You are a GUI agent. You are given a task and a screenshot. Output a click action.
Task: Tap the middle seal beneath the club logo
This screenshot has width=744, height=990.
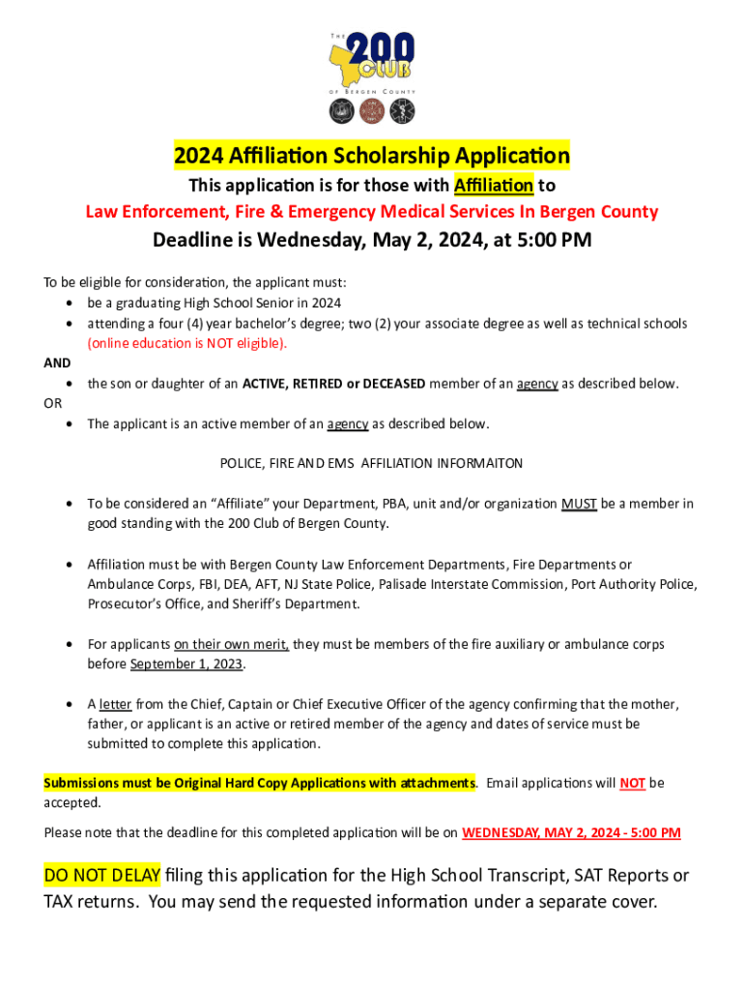[372, 111]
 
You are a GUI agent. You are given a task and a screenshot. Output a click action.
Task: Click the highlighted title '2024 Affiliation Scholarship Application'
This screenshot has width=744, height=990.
[372, 155]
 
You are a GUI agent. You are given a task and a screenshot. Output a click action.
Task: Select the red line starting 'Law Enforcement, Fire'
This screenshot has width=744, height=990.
[372, 212]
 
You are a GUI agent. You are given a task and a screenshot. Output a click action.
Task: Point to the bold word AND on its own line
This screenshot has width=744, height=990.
[57, 363]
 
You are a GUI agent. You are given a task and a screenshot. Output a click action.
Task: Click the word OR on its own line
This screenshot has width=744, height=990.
[52, 403]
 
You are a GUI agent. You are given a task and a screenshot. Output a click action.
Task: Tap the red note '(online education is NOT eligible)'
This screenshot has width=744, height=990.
[187, 343]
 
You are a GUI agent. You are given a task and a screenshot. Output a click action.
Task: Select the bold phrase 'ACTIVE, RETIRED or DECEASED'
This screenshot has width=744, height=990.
[333, 384]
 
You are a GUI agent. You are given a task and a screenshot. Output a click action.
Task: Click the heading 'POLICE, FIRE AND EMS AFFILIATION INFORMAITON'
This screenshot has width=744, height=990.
[372, 463]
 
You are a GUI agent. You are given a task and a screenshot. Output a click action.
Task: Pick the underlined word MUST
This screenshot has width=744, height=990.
[579, 504]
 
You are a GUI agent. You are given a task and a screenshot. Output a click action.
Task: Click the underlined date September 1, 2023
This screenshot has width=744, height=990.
[187, 664]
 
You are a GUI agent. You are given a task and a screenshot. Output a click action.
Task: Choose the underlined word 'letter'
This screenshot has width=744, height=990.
[115, 704]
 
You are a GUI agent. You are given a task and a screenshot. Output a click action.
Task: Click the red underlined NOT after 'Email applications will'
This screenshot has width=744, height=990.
[633, 783]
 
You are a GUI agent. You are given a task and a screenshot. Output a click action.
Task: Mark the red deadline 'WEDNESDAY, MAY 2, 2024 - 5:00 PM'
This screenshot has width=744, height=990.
[572, 832]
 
